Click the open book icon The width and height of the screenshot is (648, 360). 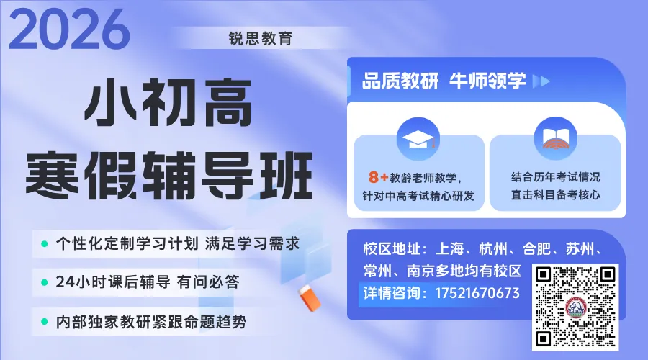555,138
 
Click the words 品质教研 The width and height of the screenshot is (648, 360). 400,81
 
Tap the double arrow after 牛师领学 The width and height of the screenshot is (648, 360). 541,81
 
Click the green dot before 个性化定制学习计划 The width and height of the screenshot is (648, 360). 45,243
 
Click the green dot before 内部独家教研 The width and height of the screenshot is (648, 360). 45,322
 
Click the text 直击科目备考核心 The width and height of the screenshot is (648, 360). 555,195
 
